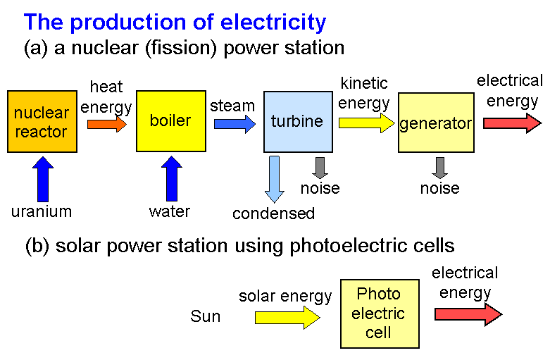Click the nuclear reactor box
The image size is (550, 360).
coord(42,121)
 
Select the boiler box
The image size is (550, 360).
coord(171,121)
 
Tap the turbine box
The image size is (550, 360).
coord(298,122)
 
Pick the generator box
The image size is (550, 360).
coord(436,123)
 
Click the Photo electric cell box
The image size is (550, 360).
coord(380,314)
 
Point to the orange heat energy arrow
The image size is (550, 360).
coord(107,124)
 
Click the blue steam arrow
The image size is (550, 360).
coord(235,124)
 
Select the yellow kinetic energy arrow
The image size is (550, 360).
coord(367,123)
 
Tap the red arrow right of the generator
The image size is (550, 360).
coord(513,123)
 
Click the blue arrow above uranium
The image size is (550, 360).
coord(43,179)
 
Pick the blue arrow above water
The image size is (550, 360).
coord(172,179)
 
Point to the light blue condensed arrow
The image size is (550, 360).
coord(275,179)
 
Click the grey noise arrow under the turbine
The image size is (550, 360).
coord(320,168)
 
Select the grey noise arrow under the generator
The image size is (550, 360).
coord(440,168)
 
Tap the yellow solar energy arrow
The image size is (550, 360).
coord(287,318)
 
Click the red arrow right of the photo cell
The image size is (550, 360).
coord(468,314)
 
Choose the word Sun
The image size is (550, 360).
coord(206,316)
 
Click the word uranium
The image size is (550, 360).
coord(42,212)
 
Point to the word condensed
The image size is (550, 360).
coord(274,213)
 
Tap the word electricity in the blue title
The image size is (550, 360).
coord(273,23)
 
